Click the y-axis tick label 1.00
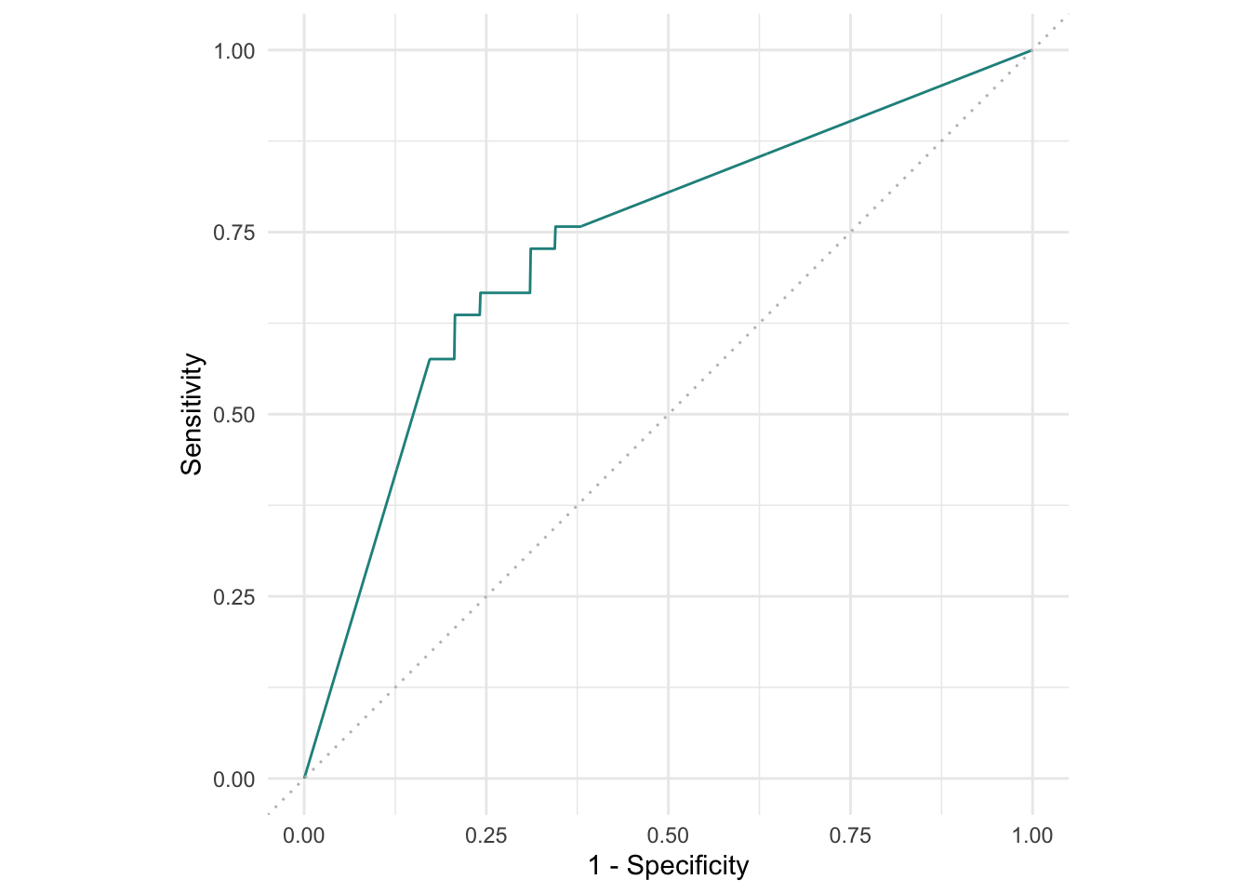pos(233,51)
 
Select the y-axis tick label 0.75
pos(233,233)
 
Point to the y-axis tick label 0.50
pos(233,415)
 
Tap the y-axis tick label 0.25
pos(233,597)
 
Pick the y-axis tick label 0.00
pos(233,780)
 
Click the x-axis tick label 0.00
pos(304,835)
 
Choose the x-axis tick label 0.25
pos(485,835)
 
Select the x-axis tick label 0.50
pos(668,835)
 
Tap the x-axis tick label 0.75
pos(850,835)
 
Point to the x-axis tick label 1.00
pos(1031,835)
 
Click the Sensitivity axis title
pos(192,414)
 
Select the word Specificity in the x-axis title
pos(687,866)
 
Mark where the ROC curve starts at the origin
pos(304,779)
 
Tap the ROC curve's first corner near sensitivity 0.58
pos(429,359)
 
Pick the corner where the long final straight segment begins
pos(580,226)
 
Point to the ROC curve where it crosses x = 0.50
pos(668,193)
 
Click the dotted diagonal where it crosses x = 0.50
pos(668,414)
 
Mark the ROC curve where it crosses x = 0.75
pos(850,121)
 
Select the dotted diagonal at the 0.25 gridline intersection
pos(485,596)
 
